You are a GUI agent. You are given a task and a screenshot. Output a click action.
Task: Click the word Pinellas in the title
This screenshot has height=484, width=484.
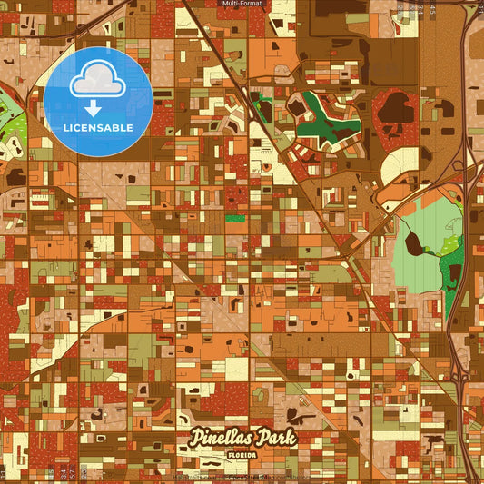221,438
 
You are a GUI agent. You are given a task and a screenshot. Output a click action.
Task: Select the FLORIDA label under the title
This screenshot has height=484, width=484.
242,456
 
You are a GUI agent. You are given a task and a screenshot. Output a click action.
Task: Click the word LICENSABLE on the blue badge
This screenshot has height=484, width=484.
98,127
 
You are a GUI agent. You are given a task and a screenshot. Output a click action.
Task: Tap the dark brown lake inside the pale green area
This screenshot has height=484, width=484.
413,242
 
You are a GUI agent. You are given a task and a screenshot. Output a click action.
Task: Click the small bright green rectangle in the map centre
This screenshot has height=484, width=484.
233,219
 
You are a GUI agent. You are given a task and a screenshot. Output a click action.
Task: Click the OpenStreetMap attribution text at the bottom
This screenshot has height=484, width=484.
242,477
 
